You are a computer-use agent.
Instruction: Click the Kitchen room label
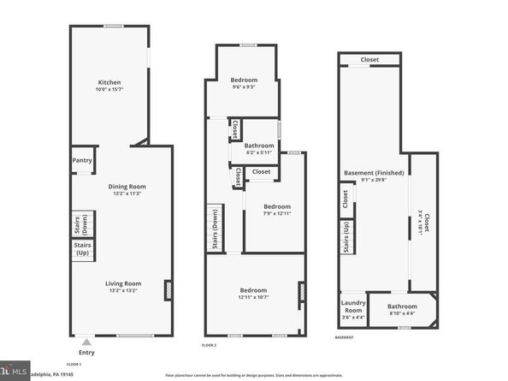tap(109, 82)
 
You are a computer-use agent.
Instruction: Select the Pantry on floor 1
tap(82, 159)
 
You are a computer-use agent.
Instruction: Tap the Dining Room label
tap(127, 186)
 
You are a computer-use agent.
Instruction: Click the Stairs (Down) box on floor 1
tap(83, 224)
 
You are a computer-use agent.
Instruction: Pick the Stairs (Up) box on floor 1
tap(83, 250)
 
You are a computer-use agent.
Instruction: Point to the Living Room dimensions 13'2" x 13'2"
tap(126, 291)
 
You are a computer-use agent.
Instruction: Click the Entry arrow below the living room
tap(86, 342)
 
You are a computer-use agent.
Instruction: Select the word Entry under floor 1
tap(86, 352)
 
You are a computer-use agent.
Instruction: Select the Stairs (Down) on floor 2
tap(214, 228)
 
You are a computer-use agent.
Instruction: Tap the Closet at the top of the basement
tap(369, 60)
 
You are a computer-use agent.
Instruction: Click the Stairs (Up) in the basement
tap(346, 236)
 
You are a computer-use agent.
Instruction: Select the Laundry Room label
tap(353, 307)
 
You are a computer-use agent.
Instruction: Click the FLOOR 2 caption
tap(209, 344)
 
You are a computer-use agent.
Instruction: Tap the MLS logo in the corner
tap(12, 372)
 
